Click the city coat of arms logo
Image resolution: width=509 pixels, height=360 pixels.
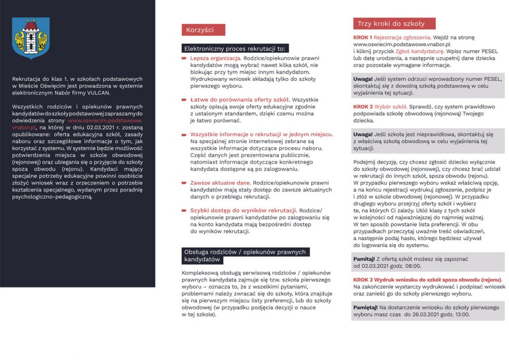31,38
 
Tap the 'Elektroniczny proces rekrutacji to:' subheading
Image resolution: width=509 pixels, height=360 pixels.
235,49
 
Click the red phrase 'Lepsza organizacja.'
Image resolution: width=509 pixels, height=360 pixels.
216,58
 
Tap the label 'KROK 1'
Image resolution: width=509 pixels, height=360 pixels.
363,37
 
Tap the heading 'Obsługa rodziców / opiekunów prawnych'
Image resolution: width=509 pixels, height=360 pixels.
246,252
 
